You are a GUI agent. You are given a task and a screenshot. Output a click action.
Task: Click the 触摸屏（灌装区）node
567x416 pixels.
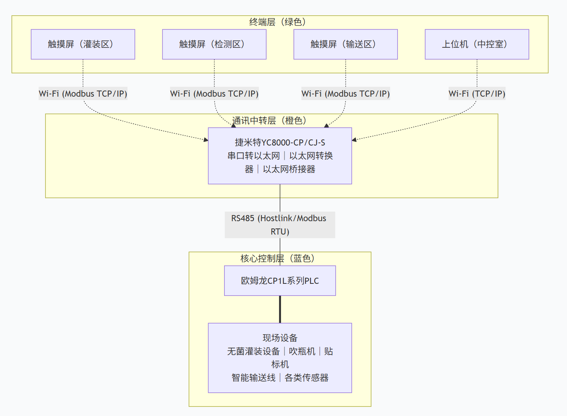click(83, 44)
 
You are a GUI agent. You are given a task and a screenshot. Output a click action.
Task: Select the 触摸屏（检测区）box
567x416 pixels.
click(214, 44)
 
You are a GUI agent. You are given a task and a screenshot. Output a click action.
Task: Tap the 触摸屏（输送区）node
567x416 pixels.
click(346, 44)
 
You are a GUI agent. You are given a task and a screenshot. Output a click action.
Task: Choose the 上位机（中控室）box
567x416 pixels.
click(477, 44)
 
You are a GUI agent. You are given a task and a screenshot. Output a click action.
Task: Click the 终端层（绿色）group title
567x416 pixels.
click(278, 22)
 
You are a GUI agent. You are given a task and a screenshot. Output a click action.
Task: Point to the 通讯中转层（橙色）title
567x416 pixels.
click(270, 121)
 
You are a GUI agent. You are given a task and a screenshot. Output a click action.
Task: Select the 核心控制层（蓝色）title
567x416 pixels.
click(278, 259)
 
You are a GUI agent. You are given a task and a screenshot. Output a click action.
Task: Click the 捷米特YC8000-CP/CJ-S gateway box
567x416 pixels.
click(280, 156)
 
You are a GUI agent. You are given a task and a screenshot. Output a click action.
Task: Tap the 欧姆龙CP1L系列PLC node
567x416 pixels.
click(280, 281)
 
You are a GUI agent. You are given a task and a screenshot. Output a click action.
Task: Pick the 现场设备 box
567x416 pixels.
click(280, 358)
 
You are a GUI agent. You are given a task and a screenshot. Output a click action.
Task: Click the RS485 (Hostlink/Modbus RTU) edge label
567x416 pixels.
click(279, 225)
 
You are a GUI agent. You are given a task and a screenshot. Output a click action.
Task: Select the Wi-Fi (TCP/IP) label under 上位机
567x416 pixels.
click(477, 94)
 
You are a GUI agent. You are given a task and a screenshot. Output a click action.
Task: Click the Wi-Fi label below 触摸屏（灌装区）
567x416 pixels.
click(83, 94)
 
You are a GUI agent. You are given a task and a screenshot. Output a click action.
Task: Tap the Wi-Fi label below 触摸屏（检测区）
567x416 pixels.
click(214, 94)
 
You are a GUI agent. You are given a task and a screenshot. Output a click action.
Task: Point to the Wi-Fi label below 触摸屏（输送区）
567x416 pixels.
click(346, 94)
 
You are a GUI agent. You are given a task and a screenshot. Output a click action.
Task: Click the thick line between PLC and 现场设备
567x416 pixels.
click(280, 309)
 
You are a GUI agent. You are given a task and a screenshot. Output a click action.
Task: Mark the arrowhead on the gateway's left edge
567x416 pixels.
click(206, 140)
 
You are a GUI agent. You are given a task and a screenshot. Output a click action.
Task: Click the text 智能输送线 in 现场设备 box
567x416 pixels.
click(254, 378)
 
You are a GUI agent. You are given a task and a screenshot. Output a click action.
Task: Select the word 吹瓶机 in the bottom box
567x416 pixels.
click(302, 351)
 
